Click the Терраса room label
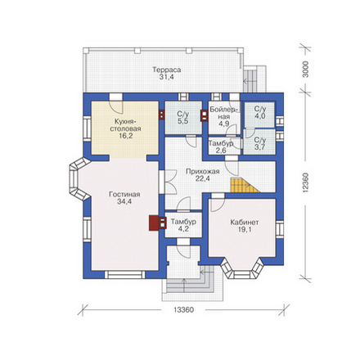(167, 70)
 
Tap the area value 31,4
(167, 77)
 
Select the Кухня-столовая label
(125, 124)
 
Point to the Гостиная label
(124, 195)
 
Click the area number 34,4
(124, 202)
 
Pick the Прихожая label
(203, 172)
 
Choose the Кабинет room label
(245, 222)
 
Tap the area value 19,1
(245, 230)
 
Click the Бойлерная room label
(224, 113)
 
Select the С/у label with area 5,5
(183, 114)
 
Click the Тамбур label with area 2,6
(221, 143)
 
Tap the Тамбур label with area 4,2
(183, 222)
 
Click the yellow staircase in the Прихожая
(243, 186)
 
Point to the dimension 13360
(183, 310)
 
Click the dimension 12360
(306, 183)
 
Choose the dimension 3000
(306, 70)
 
